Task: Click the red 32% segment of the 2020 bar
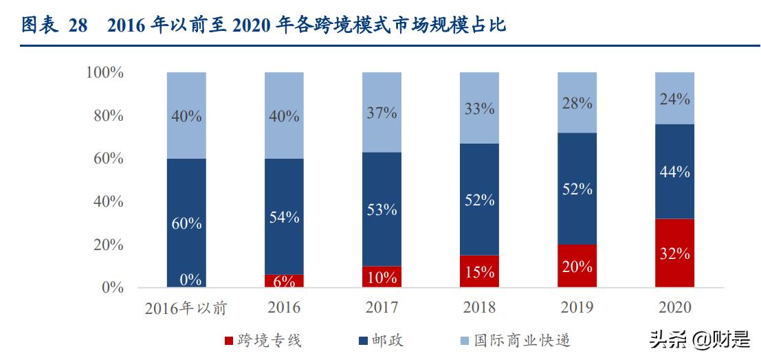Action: click(x=674, y=253)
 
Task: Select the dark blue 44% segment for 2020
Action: click(x=674, y=171)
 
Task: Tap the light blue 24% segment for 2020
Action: click(x=674, y=98)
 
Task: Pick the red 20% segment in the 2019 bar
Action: click(x=576, y=266)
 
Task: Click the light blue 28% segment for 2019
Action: click(x=576, y=102)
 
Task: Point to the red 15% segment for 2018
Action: click(x=479, y=271)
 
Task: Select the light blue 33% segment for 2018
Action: click(x=479, y=108)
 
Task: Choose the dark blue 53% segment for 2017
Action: click(x=382, y=209)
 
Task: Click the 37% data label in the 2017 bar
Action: click(x=382, y=113)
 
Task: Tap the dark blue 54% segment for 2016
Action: click(x=284, y=216)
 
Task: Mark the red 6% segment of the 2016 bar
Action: click(x=284, y=281)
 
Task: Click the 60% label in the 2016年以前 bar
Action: click(x=186, y=223)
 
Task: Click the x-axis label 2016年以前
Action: click(x=186, y=308)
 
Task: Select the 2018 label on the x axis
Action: click(x=479, y=307)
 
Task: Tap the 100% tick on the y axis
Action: click(x=104, y=72)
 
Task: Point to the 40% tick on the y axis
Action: click(x=109, y=201)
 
